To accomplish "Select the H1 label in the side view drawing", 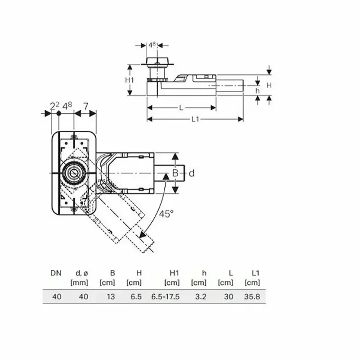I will pyautogui.click(x=130, y=80).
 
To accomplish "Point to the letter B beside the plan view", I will pyautogui.click(x=176, y=173).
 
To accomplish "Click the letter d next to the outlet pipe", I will pyautogui.click(x=191, y=173).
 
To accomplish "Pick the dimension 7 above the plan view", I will pyautogui.click(x=85, y=106).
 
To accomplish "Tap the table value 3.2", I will pyautogui.click(x=201, y=297).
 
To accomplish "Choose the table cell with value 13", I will pyautogui.click(x=111, y=297).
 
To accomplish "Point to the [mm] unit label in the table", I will pyautogui.click(x=80, y=283).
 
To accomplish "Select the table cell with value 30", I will pyautogui.click(x=229, y=297).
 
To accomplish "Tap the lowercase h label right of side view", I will pyautogui.click(x=257, y=90).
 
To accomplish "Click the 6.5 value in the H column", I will pyautogui.click(x=136, y=297).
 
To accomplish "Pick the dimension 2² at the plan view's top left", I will pyautogui.click(x=54, y=106).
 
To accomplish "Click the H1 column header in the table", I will pyautogui.click(x=174, y=273).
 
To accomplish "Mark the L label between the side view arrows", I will pyautogui.click(x=181, y=108).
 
